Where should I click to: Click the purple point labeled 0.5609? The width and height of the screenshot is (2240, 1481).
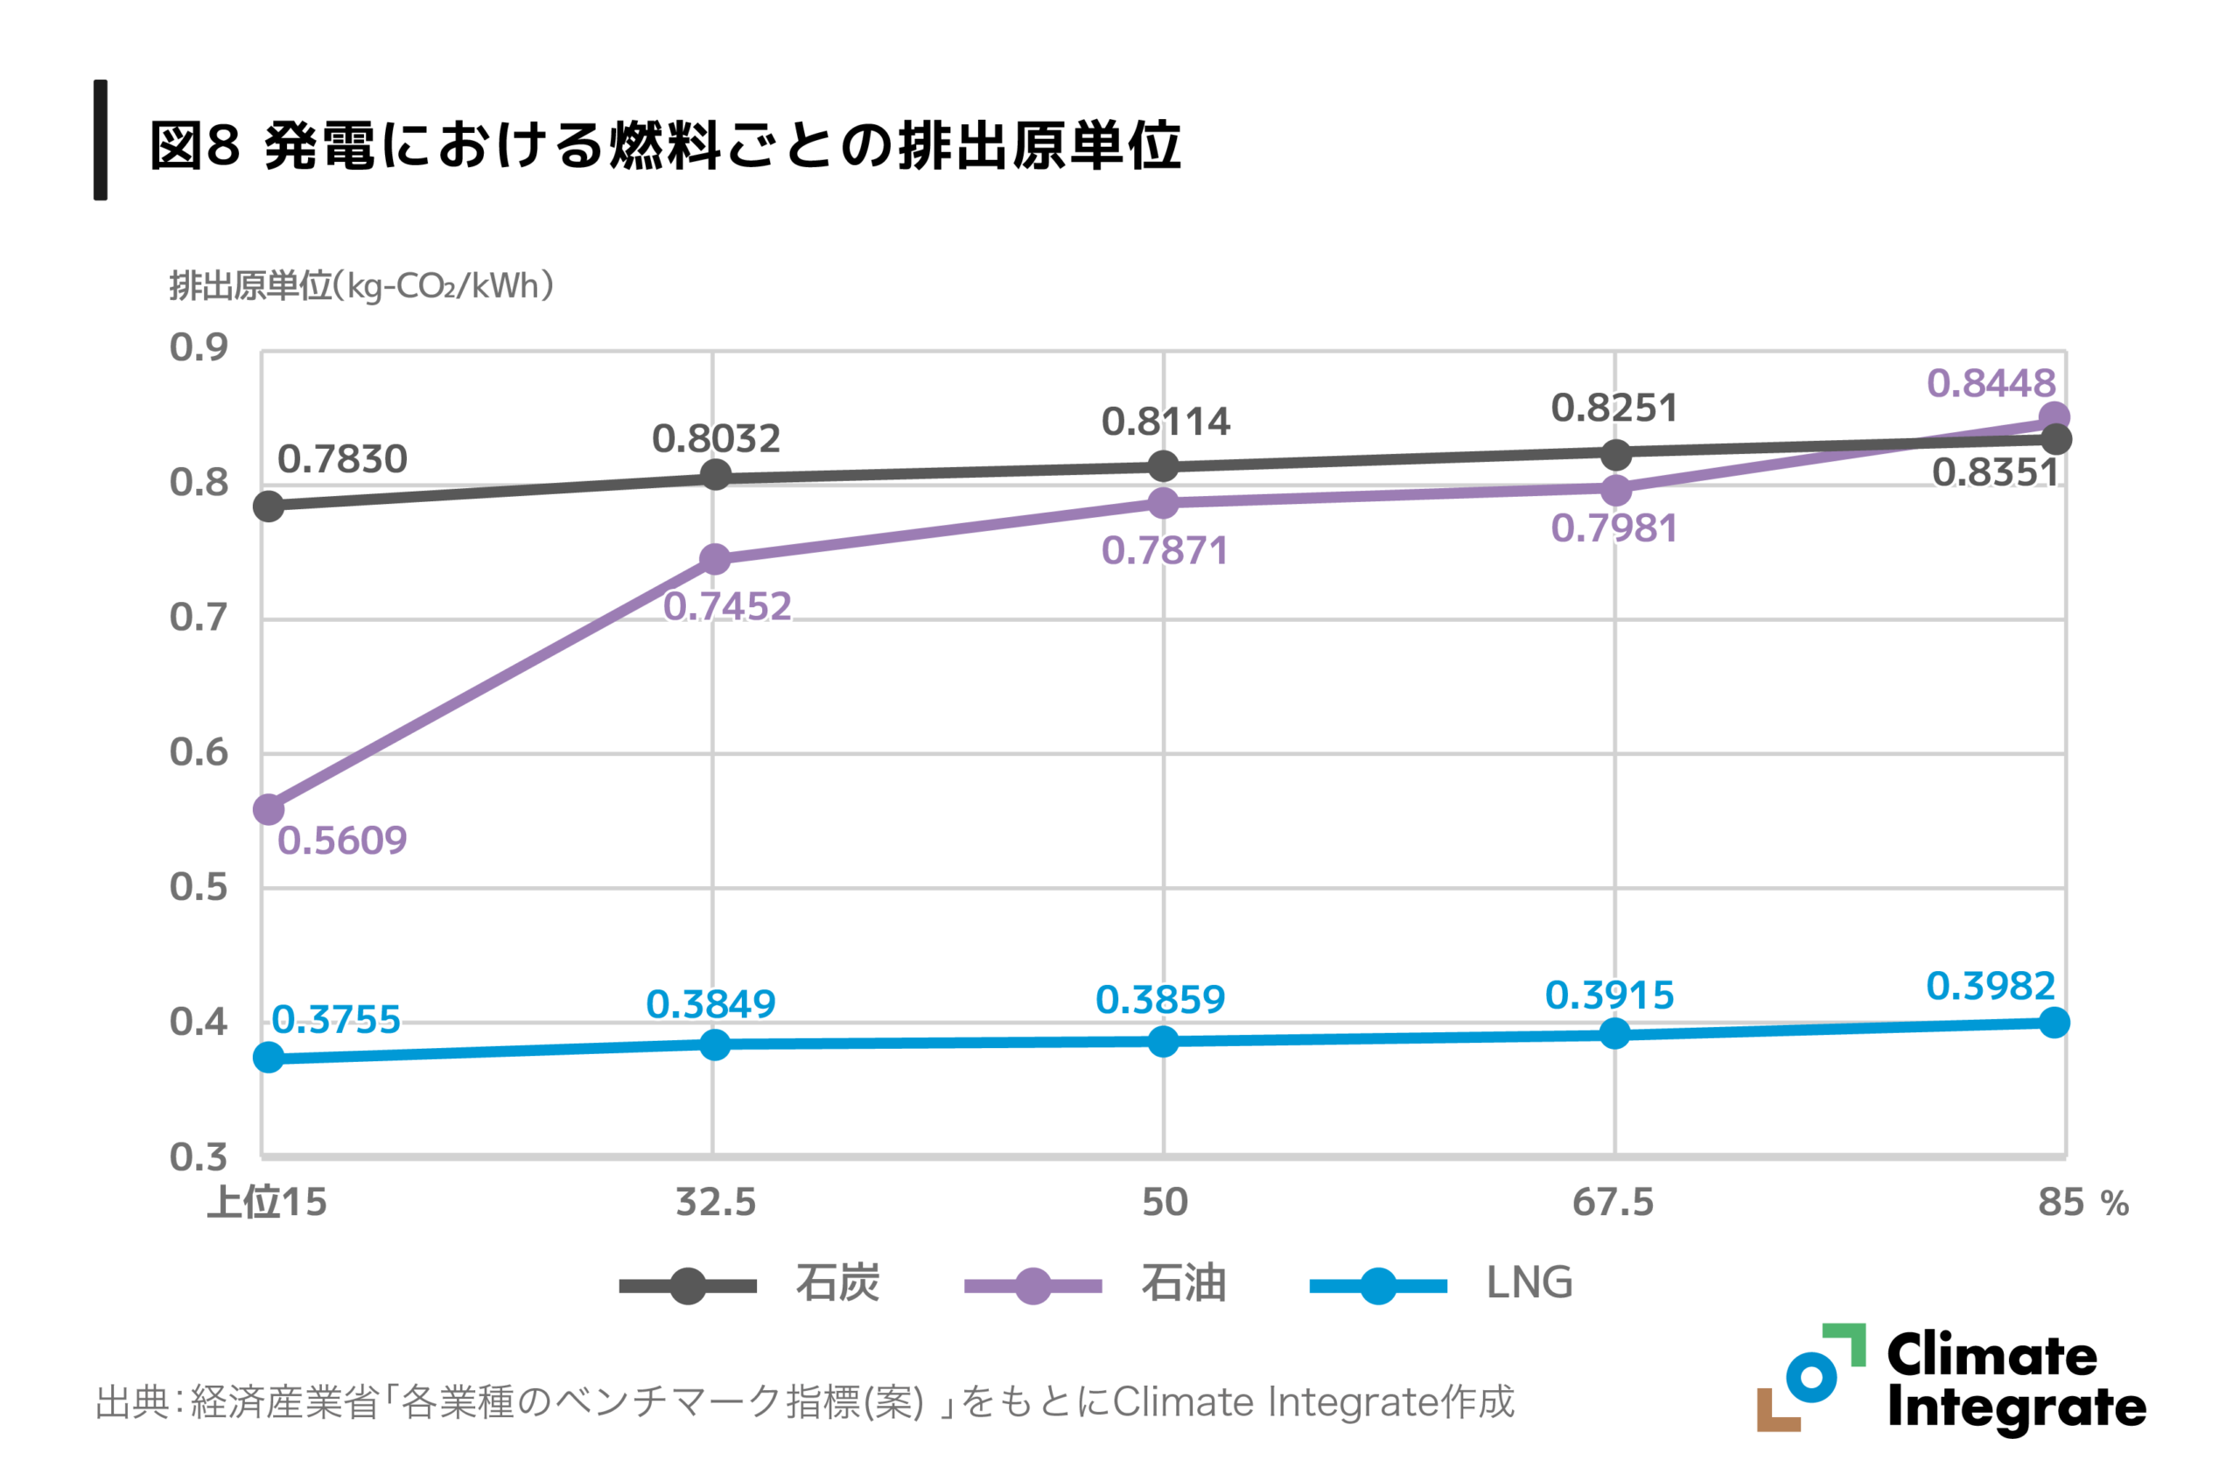point(269,809)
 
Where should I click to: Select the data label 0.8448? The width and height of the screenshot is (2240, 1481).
point(1991,383)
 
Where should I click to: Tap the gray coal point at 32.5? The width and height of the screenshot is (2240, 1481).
point(715,474)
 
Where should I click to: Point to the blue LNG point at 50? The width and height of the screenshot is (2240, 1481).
point(1163,1041)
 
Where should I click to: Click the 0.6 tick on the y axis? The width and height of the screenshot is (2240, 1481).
point(199,753)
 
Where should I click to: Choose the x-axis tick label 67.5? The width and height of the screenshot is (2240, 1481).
point(1613,1202)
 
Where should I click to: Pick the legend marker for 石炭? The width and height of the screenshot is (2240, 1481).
point(688,1285)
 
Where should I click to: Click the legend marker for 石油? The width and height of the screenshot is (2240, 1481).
point(1032,1285)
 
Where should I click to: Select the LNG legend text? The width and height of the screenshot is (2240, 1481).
point(1529,1282)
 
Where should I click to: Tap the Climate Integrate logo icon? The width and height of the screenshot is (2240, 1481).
point(1810,1377)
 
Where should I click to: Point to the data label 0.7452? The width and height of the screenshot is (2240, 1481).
point(726,606)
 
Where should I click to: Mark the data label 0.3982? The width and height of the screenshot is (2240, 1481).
point(1991,986)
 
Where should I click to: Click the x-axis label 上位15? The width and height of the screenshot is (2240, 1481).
point(268,1202)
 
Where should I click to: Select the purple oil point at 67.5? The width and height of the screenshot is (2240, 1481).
point(1615,490)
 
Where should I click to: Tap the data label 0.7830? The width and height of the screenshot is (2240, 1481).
point(342,459)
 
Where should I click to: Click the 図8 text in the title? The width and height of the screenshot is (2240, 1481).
point(194,146)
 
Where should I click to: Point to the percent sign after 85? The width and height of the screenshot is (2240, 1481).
point(2115,1205)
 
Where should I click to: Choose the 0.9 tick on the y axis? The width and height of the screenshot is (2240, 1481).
point(199,347)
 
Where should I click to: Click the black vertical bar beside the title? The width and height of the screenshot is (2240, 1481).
point(100,140)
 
